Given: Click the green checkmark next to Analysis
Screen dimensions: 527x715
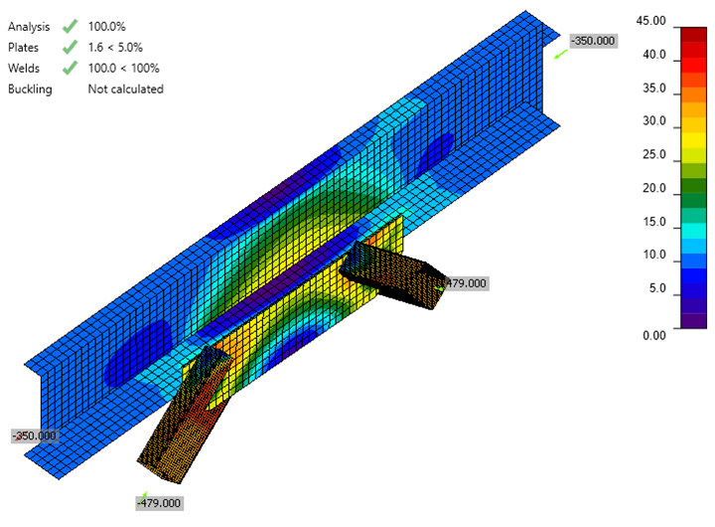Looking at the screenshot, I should tap(69, 26).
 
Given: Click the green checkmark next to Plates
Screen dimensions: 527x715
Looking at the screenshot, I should tap(69, 47).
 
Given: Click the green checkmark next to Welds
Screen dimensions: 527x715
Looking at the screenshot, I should tap(69, 68).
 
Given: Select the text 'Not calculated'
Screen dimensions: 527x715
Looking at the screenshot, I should tap(125, 88).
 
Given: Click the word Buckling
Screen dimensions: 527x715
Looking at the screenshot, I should tap(30, 88).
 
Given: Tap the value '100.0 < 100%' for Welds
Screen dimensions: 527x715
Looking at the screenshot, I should tap(123, 68).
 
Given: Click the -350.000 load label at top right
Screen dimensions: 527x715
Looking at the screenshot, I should tap(593, 41).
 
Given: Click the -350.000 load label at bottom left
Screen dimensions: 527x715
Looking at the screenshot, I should tap(34, 436).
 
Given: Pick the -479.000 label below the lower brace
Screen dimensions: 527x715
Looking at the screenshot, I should tap(159, 503).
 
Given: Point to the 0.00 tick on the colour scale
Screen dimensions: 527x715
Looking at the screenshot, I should tap(654, 335).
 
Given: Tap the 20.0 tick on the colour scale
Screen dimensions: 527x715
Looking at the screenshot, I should tap(654, 188).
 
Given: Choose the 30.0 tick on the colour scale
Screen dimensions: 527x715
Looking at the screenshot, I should tap(654, 121).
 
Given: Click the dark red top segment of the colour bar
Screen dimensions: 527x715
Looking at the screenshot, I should tap(692, 33).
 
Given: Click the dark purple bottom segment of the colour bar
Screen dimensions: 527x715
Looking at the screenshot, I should tap(692, 320).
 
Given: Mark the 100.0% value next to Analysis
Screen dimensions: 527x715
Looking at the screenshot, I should tap(107, 26).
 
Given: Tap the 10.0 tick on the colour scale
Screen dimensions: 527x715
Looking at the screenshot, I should tap(654, 255).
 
